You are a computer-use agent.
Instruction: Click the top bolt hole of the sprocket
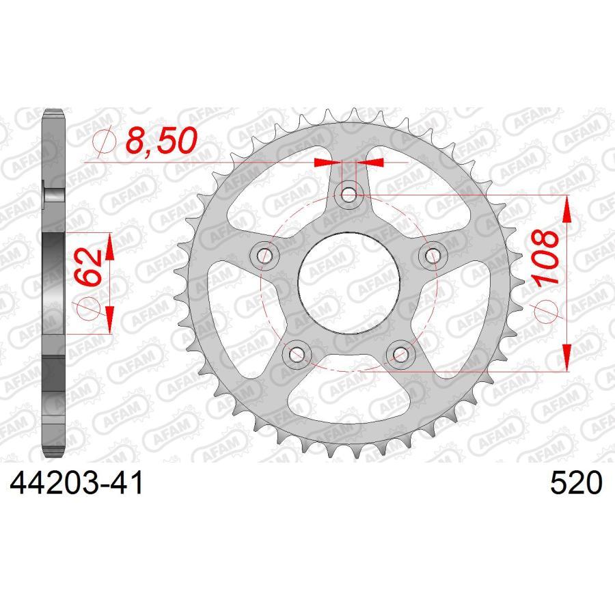(x=349, y=194)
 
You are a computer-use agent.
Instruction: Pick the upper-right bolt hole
(x=433, y=255)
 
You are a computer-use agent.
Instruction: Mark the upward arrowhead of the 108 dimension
(x=566, y=209)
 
